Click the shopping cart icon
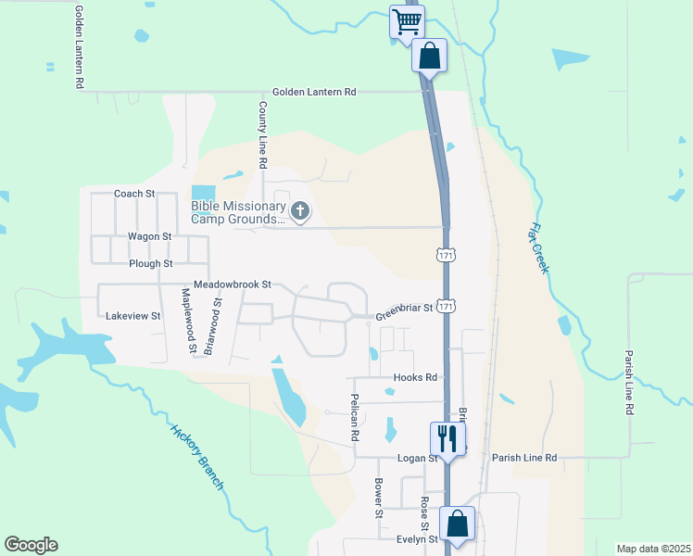pos(407,21)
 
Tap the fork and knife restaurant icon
pos(448,436)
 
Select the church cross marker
pos(299,212)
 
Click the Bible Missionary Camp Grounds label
pos(237,212)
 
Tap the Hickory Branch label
pos(196,457)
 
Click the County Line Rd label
pos(262,135)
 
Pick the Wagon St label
pos(150,236)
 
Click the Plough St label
pos(151,263)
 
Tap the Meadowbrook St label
pos(232,284)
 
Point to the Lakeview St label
pos(133,316)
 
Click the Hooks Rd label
pos(414,377)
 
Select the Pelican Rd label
pos(354,415)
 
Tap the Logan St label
pos(417,458)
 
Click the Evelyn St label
pos(417,539)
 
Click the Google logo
pos(31,545)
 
